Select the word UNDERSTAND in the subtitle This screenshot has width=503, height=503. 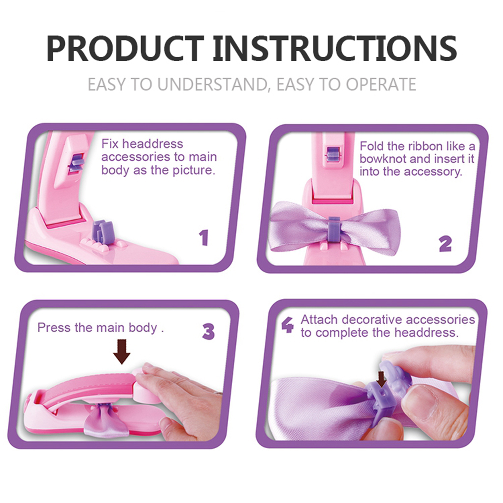tap(213, 85)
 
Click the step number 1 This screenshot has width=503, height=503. tap(204, 238)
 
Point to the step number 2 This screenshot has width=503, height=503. tap(445, 244)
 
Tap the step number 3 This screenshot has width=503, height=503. tap(208, 332)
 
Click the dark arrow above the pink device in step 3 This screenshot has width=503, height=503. tap(122, 351)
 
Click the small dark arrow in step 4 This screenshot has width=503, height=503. tap(381, 379)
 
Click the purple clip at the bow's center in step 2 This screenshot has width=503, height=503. tap(334, 229)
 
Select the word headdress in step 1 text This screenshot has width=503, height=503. tap(152, 144)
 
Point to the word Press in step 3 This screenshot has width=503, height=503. tap(54, 328)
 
